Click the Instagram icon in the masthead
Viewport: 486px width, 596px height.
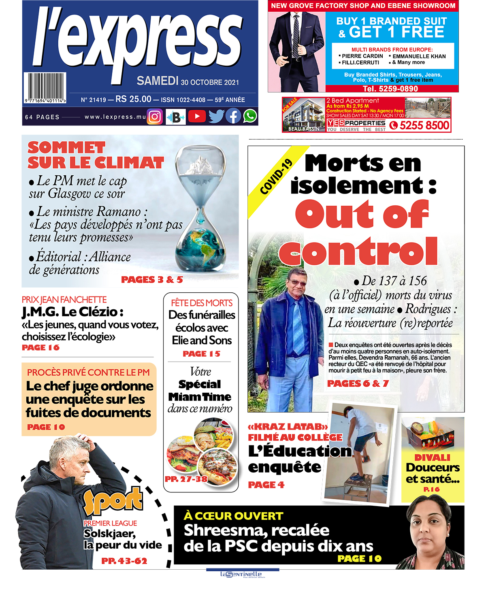(x=155, y=117)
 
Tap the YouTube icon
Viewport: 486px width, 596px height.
(x=197, y=117)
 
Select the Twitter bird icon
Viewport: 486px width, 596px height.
(x=216, y=117)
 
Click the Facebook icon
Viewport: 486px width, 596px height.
(x=233, y=117)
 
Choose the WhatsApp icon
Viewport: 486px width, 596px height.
(x=250, y=116)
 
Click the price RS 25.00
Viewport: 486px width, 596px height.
(x=133, y=99)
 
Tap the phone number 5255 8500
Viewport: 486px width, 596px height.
(x=424, y=126)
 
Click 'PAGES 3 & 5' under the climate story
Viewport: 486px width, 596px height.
(x=152, y=279)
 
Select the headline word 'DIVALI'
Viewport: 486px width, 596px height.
(x=432, y=458)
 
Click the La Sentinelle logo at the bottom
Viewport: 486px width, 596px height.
(x=242, y=574)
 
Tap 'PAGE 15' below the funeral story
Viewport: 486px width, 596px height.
(x=201, y=353)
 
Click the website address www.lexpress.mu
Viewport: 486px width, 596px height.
(x=115, y=117)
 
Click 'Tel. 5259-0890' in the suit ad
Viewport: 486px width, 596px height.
(x=390, y=89)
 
